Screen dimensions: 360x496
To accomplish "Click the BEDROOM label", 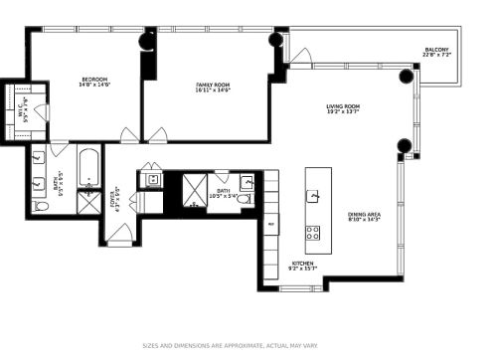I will (94, 80).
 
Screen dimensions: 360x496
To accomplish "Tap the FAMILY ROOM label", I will (213, 86).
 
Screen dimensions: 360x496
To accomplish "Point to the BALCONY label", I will (436, 50).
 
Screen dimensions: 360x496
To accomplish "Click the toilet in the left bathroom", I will (41, 206).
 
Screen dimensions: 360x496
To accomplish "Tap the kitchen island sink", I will (313, 196).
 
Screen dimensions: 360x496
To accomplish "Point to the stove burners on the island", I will (313, 234).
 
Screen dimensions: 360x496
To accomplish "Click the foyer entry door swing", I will (119, 235).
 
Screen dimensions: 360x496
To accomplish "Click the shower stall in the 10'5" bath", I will (193, 191).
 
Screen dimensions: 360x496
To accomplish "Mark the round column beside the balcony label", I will (406, 76).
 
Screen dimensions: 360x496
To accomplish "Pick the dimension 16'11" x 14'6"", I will (213, 91).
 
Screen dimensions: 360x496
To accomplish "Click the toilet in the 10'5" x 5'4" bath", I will (246, 199).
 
